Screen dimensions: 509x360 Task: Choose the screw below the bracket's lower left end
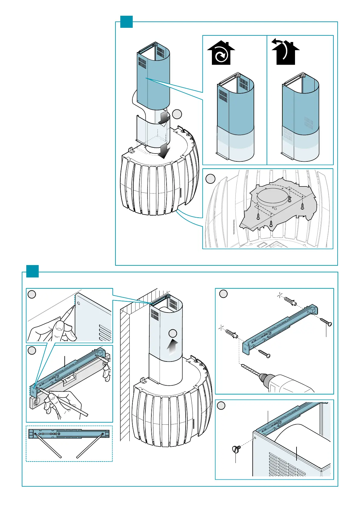(264, 354)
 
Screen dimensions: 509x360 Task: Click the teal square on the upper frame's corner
(126, 21)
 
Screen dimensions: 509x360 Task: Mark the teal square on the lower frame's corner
(32, 271)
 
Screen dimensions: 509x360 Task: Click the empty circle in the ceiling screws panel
(210, 179)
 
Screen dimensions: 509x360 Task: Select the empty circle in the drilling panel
(223, 293)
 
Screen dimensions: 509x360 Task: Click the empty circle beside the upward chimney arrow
(173, 333)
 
